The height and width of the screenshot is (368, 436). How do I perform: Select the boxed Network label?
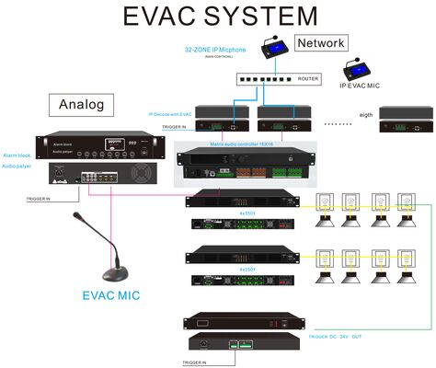(x=319, y=43)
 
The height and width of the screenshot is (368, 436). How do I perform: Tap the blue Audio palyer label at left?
(x=17, y=167)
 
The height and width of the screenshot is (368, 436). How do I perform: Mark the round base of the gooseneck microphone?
(x=114, y=274)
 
